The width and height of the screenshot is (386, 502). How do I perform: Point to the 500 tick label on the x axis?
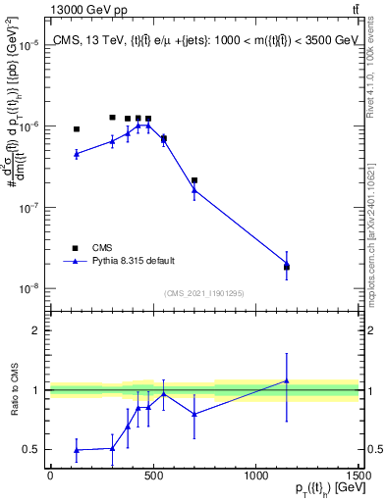coord(152,476)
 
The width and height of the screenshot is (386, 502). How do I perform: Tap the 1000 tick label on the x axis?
coord(255,476)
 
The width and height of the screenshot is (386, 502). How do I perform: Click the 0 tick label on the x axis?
coord(50,476)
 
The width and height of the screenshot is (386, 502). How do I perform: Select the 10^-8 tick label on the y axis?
coord(30,289)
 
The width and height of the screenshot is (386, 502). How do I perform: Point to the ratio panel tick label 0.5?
coord(34,449)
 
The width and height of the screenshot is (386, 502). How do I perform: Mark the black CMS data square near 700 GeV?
coord(194,180)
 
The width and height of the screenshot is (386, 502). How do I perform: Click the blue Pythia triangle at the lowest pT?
coord(77,154)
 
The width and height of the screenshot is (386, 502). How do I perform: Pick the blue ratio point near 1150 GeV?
coord(287,380)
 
